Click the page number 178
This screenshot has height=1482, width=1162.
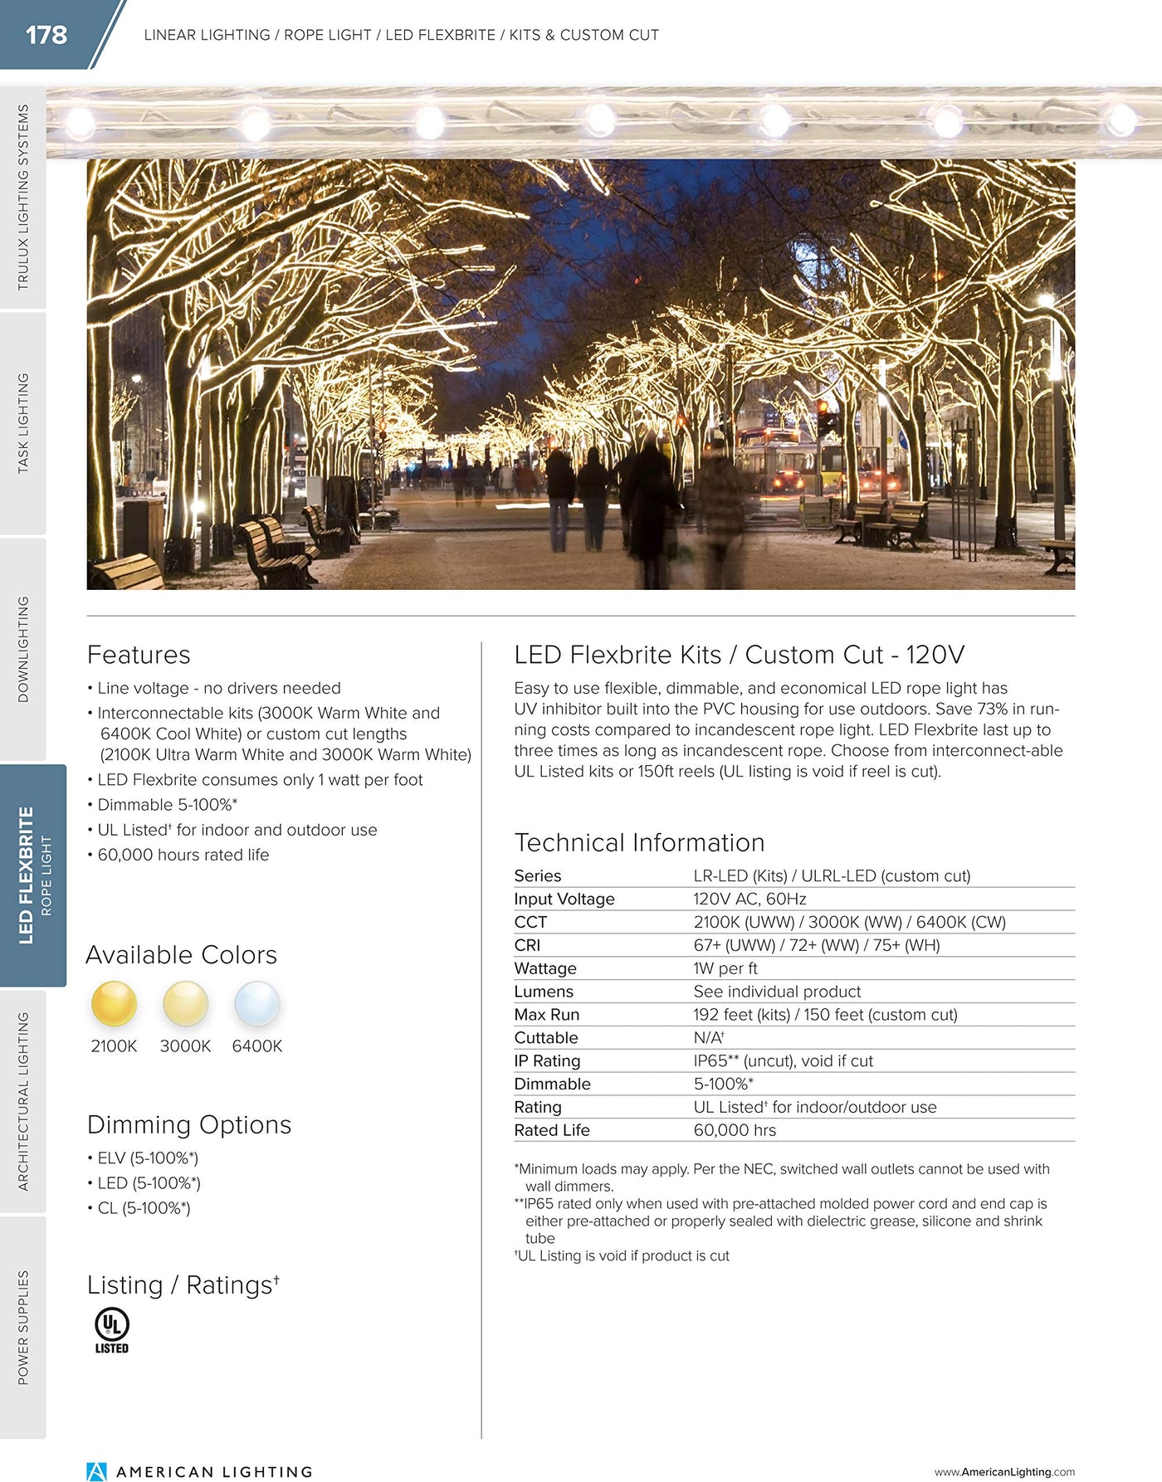coord(46,35)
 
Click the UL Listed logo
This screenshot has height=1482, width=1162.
coord(111,1330)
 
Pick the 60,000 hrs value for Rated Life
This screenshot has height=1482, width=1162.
coord(735,1130)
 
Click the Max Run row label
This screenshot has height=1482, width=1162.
coord(547,1015)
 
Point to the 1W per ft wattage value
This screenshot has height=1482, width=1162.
coord(725,968)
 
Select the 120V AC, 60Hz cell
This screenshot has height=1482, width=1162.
coord(749,899)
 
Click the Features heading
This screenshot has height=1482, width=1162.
coord(139,655)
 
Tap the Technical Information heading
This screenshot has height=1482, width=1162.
coord(639,842)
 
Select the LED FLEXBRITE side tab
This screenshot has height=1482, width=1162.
coord(33,875)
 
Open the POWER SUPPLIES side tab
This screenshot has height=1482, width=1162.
coord(23,1328)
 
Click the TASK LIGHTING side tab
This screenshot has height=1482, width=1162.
coord(23,423)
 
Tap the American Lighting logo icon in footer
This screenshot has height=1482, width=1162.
coord(97,1471)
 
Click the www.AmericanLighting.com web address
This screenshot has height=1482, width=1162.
coord(1004,1472)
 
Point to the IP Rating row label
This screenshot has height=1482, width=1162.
coord(547,1061)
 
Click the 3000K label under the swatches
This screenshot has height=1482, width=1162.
coord(185,1046)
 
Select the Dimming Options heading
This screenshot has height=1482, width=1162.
coord(189,1124)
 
